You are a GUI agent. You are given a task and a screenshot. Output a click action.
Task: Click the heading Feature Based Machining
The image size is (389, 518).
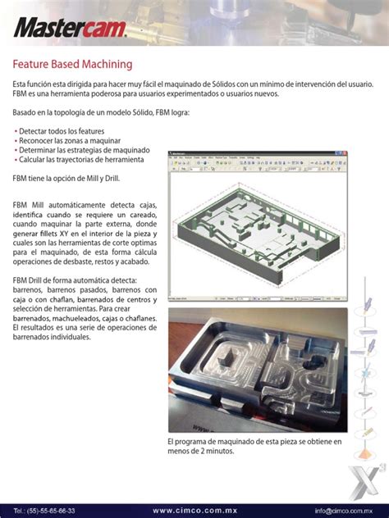(x=72, y=64)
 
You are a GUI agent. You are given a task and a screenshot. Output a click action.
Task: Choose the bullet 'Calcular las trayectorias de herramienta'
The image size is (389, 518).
(x=84, y=160)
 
